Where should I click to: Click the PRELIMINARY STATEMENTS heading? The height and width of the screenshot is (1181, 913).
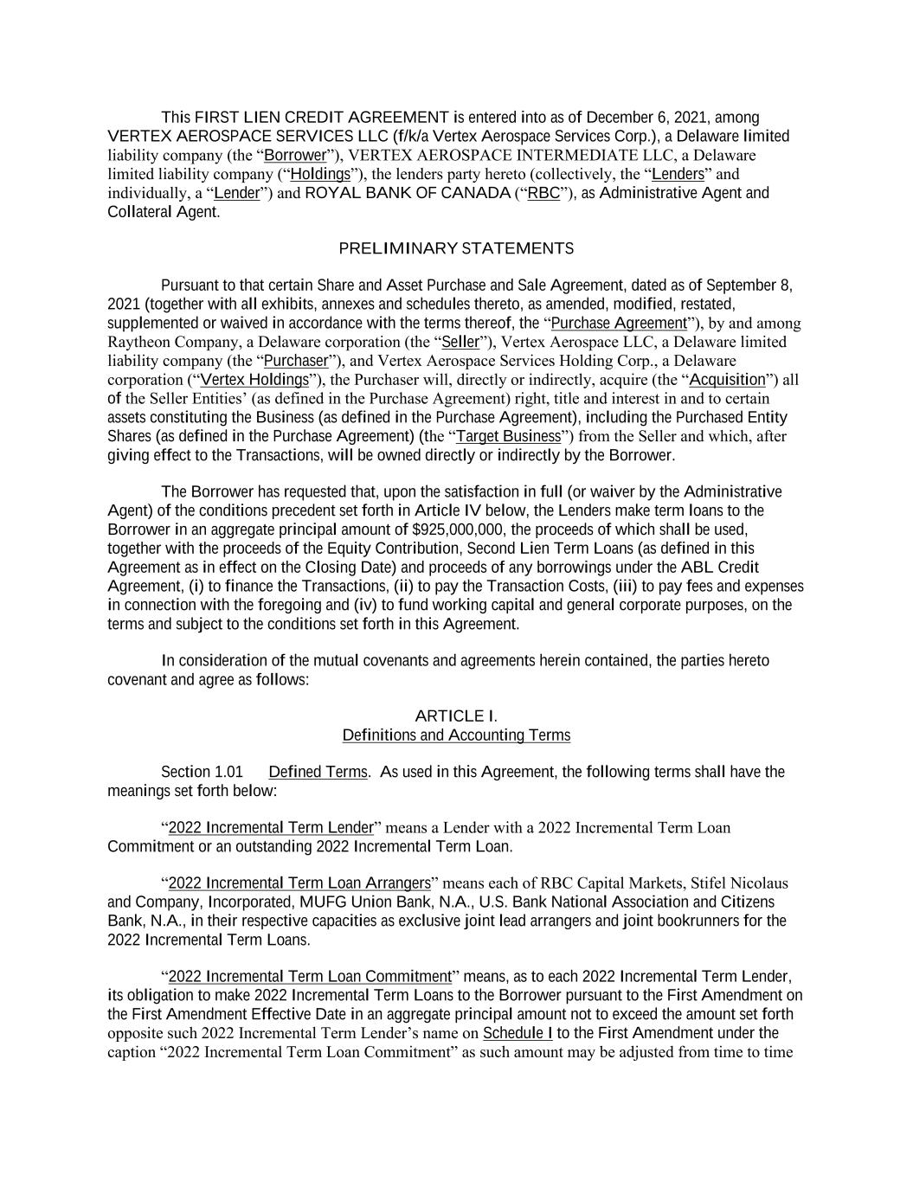click(x=456, y=249)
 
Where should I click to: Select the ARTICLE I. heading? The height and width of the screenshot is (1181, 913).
click(x=456, y=716)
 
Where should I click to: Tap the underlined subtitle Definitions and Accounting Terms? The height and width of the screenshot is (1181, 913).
click(x=456, y=735)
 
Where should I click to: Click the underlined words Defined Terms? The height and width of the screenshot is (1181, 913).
click(x=318, y=772)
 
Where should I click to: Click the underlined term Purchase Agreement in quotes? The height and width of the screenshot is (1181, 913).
click(x=618, y=324)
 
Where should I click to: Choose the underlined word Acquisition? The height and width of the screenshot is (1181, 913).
click(x=727, y=380)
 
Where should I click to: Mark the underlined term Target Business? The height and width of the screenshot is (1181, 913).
click(x=508, y=436)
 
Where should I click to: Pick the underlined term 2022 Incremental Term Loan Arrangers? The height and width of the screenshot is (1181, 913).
click(x=299, y=883)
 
